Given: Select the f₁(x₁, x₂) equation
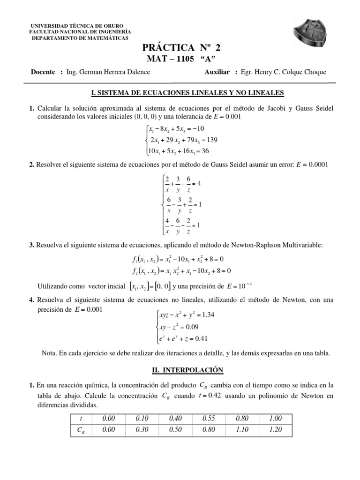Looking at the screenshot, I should tap(178, 259).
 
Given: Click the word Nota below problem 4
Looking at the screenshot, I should tap(50, 354).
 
